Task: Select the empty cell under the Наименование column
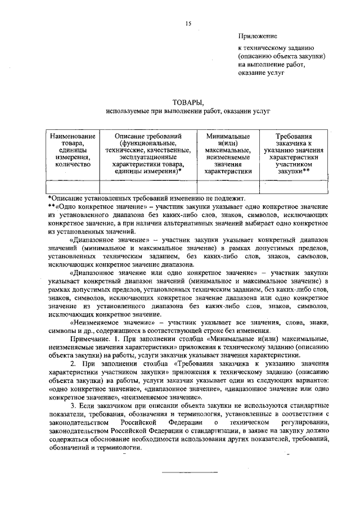(x=73, y=186)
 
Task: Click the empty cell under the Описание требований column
(x=148, y=186)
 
